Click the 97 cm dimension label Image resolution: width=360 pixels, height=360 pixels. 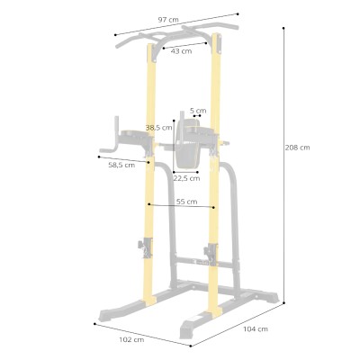pos(168,20)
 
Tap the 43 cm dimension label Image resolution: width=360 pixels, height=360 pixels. pos(181,51)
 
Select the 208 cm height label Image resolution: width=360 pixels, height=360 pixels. pos(297,148)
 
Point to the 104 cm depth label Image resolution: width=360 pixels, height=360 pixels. pos(256,329)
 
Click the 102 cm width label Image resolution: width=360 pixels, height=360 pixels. pos(131,340)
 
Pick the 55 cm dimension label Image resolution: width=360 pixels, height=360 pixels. pos(186,202)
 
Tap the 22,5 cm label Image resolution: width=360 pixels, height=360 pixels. pos(186,178)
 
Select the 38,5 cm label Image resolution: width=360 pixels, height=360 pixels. pos(159,128)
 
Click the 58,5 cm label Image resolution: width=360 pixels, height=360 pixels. pos(121,165)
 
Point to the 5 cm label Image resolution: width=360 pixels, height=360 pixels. pos(198,111)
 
